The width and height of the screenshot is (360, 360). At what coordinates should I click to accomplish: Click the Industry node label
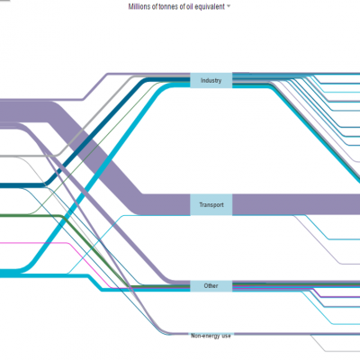(x=211, y=80)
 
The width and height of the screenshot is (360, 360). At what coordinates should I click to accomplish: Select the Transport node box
(x=211, y=205)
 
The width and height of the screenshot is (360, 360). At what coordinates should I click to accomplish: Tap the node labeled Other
(x=211, y=286)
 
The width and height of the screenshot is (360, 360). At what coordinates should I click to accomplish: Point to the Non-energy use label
(x=211, y=336)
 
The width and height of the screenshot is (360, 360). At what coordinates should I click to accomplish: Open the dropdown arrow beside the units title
(x=229, y=6)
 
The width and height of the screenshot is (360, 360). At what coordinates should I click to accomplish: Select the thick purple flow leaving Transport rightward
(x=296, y=204)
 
